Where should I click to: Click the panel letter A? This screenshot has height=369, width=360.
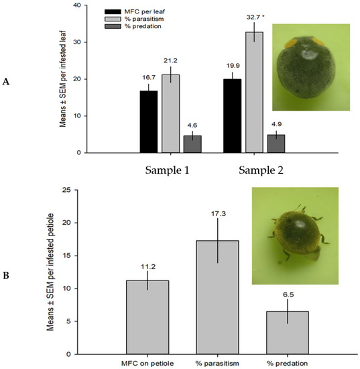click(7, 81)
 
